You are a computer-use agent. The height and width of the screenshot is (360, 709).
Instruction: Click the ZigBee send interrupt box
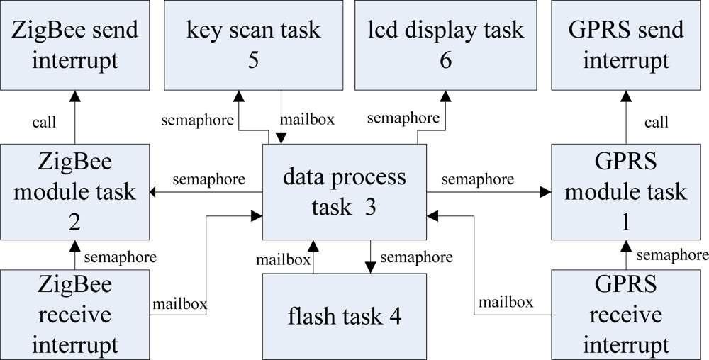(x=74, y=45)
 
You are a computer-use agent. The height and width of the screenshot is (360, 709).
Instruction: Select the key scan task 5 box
(x=253, y=45)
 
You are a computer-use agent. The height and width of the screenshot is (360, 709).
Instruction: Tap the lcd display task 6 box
(x=445, y=45)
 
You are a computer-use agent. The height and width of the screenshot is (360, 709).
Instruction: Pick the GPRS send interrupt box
(x=625, y=45)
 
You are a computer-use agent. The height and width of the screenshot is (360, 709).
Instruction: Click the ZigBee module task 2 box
(x=74, y=191)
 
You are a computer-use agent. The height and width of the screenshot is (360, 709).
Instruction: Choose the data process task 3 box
(x=345, y=191)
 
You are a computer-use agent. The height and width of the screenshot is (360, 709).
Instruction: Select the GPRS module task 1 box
(x=625, y=191)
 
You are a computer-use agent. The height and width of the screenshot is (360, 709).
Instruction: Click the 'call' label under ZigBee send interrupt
(x=44, y=123)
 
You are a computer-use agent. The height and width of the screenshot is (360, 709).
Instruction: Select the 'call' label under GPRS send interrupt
(x=656, y=123)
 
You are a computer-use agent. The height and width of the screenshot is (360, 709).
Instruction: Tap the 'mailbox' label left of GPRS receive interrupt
(x=506, y=303)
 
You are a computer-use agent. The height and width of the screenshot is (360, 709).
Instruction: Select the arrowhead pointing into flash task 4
(x=370, y=267)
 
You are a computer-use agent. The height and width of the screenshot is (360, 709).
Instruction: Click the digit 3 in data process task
(x=370, y=206)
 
